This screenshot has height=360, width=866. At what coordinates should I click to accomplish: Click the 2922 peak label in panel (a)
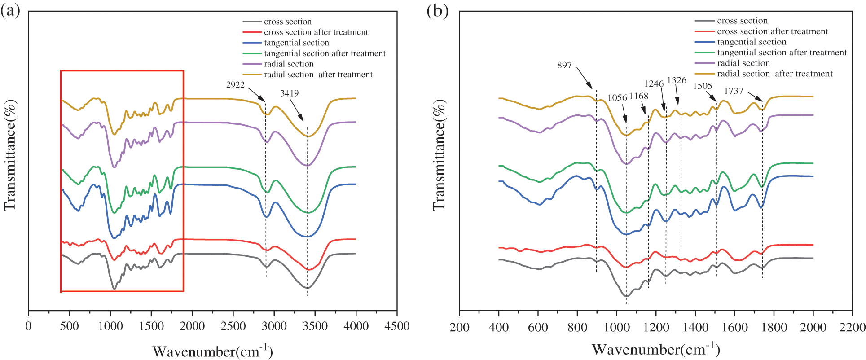pyautogui.click(x=235, y=85)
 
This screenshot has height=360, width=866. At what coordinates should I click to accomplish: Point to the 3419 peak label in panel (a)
pyautogui.click(x=290, y=93)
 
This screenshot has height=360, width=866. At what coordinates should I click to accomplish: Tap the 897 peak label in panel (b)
pyautogui.click(x=564, y=65)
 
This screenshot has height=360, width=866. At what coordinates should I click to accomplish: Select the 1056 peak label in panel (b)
pyautogui.click(x=617, y=98)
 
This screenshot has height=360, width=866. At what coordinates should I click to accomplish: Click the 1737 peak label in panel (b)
pyautogui.click(x=734, y=91)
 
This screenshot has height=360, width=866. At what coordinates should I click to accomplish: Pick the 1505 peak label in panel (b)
pyautogui.click(x=702, y=86)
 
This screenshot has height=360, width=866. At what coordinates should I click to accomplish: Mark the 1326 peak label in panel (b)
pyautogui.click(x=677, y=80)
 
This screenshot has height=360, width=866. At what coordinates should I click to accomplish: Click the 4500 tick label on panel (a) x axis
pyautogui.click(x=397, y=326)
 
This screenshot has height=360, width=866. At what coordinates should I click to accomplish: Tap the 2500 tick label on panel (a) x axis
pyautogui.click(x=233, y=326)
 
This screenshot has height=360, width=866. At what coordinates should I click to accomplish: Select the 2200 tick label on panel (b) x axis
pyautogui.click(x=852, y=327)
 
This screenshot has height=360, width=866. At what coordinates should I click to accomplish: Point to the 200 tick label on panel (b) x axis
pyautogui.click(x=459, y=327)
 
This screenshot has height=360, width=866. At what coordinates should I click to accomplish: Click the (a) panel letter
pyautogui.click(x=10, y=11)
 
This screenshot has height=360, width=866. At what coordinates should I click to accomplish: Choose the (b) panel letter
pyautogui.click(x=437, y=11)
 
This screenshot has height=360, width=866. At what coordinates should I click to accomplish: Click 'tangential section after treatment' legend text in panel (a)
pyautogui.click(x=325, y=53)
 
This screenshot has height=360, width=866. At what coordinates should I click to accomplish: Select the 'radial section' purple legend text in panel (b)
pyautogui.click(x=743, y=63)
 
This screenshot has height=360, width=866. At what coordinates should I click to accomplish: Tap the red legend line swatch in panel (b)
pyautogui.click(x=704, y=31)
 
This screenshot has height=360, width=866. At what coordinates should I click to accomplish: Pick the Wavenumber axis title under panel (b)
pyautogui.click(x=656, y=350)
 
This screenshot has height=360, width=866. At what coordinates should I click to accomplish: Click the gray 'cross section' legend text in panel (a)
pyautogui.click(x=287, y=22)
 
